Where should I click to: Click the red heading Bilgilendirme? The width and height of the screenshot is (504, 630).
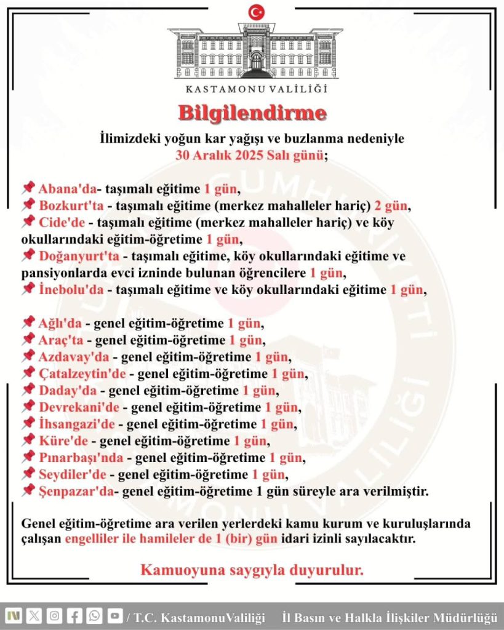click(252, 113)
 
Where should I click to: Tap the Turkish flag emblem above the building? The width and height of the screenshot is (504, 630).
click(256, 11)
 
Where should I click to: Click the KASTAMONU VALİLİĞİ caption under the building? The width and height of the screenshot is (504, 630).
click(256, 88)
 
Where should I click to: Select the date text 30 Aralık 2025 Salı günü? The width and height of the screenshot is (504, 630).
click(249, 154)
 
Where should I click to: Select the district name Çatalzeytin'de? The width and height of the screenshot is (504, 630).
click(82, 373)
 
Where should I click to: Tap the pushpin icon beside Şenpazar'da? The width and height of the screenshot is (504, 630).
click(28, 490)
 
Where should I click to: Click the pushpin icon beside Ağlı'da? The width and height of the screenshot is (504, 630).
click(28, 322)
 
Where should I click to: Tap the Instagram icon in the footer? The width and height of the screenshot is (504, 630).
click(54, 616)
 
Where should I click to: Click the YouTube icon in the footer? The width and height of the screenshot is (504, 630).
click(114, 616)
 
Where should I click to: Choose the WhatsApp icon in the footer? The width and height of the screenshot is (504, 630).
click(94, 616)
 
